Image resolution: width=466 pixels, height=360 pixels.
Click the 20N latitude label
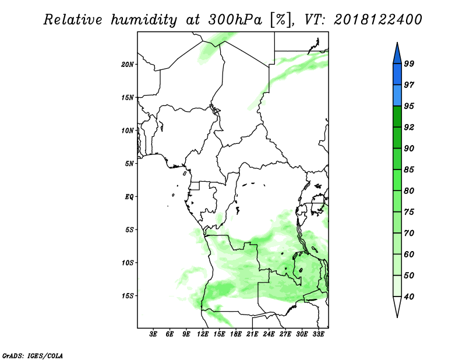(128, 64)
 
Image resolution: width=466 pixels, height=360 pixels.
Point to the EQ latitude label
(129, 197)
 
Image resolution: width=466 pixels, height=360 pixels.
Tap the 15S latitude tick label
(128, 296)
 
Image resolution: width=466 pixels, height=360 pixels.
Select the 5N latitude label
(129, 164)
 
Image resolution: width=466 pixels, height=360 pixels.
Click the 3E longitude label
(153, 334)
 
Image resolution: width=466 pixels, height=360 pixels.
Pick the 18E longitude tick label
(236, 334)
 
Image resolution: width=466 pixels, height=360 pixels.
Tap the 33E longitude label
(318, 334)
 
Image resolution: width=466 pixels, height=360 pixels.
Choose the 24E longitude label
(269, 334)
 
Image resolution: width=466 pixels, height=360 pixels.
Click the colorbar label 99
(409, 63)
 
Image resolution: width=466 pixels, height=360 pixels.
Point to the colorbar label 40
(409, 297)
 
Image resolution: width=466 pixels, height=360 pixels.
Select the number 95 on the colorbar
(409, 106)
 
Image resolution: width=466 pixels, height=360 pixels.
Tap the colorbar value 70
(409, 233)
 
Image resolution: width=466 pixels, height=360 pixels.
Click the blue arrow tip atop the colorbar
(397, 43)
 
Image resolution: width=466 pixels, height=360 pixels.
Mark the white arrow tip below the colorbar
(397, 317)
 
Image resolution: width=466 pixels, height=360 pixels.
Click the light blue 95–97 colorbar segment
(397, 96)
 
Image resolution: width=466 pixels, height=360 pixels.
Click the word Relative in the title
(72, 20)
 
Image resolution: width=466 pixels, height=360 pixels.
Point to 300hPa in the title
(235, 20)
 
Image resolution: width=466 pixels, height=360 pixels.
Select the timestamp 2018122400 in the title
(377, 20)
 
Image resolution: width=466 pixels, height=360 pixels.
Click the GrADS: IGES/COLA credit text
(33, 355)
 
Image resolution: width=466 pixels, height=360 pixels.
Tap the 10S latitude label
(128, 263)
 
